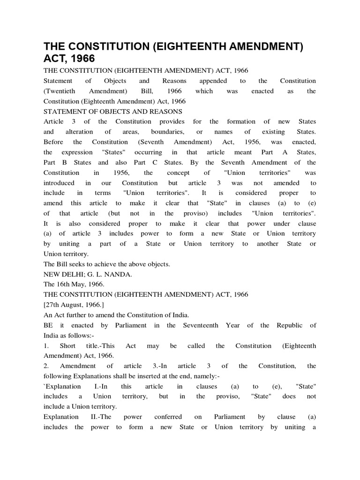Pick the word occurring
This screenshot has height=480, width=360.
[x=148, y=152]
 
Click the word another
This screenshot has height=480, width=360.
[x=267, y=244]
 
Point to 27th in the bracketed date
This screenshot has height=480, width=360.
[x=54, y=305]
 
